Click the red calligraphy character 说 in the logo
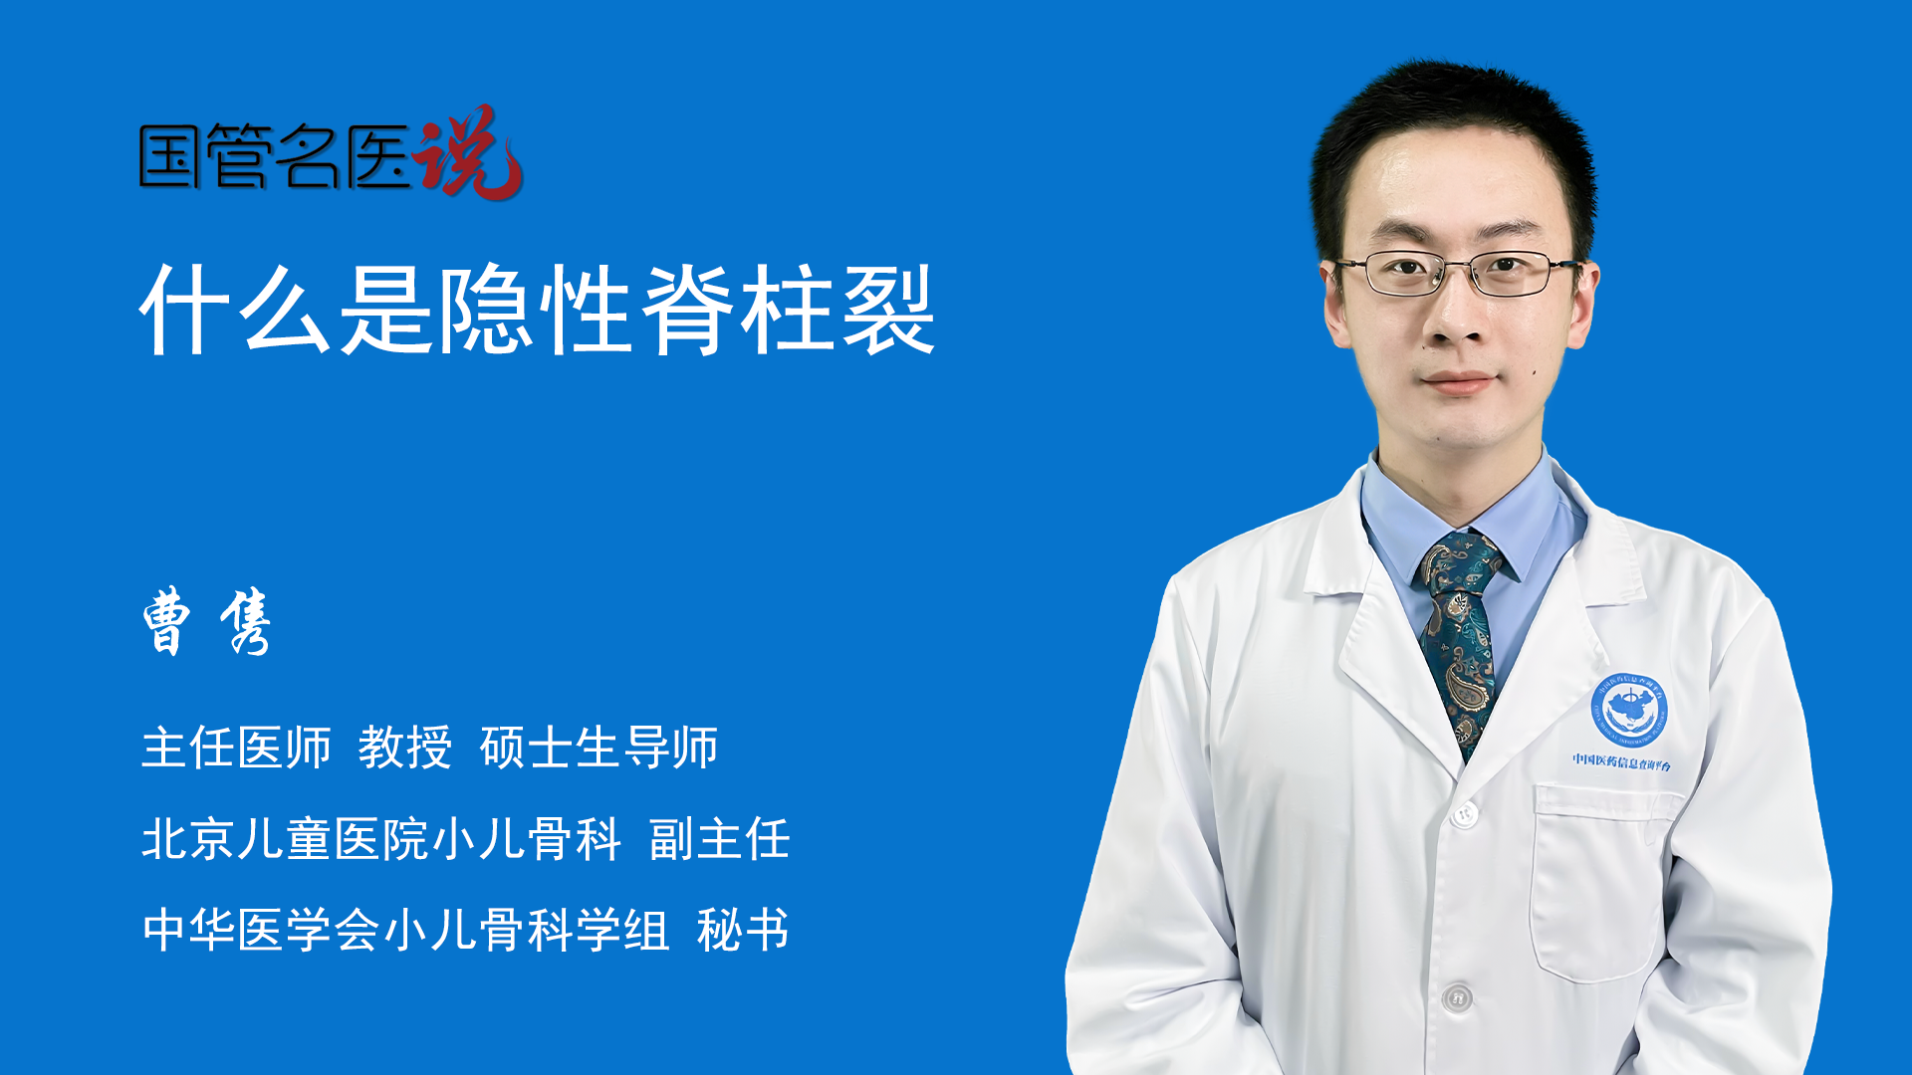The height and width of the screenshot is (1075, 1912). click(468, 152)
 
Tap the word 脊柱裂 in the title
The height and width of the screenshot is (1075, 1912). click(789, 310)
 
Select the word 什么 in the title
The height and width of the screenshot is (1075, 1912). click(236, 310)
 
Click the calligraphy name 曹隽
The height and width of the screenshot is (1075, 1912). click(206, 622)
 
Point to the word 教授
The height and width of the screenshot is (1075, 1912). click(405, 748)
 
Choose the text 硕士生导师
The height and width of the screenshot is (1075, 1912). click(598, 748)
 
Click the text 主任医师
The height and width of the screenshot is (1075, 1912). click(236, 748)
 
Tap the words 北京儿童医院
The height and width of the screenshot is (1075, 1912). click(285, 839)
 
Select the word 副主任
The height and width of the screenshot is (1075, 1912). click(719, 839)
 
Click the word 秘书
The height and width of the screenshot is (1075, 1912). click(743, 931)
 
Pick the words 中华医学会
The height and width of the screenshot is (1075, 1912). click(261, 931)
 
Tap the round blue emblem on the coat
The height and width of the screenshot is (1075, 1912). click(1628, 709)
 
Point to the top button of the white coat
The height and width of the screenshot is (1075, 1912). click(1463, 814)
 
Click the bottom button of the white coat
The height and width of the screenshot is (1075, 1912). click(1457, 996)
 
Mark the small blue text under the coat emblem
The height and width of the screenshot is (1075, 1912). click(1622, 761)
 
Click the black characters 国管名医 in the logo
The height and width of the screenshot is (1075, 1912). click(276, 156)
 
